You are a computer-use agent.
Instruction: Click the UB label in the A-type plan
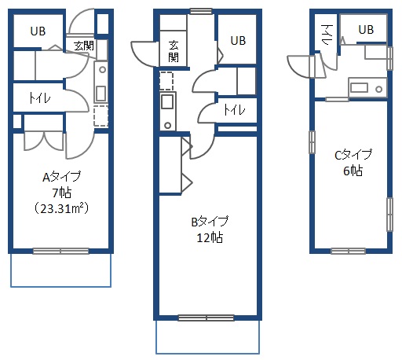click(38, 31)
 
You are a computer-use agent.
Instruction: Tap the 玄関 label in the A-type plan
click(84, 46)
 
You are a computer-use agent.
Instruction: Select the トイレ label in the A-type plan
click(39, 98)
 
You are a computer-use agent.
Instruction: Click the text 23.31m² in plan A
click(62, 209)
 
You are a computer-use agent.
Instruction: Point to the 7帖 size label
click(62, 193)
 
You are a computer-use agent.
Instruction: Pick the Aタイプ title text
click(62, 177)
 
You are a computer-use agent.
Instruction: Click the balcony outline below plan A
click(60, 287)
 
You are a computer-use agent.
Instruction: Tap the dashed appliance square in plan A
click(100, 116)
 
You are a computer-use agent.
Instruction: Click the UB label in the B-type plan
click(238, 41)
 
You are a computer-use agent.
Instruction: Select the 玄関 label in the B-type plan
click(174, 51)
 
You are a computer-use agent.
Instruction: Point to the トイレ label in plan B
click(235, 109)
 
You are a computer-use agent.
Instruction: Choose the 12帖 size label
click(210, 237)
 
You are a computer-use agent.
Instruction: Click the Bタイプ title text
click(210, 222)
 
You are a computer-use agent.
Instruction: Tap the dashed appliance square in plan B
click(166, 81)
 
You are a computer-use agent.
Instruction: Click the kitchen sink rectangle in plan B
click(167, 101)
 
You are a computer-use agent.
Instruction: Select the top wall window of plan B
click(201, 11)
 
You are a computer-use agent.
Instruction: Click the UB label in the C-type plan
click(366, 30)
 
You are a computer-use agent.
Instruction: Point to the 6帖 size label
click(353, 171)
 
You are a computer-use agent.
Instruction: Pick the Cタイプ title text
click(353, 155)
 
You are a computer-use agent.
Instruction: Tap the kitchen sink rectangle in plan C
click(359, 87)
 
